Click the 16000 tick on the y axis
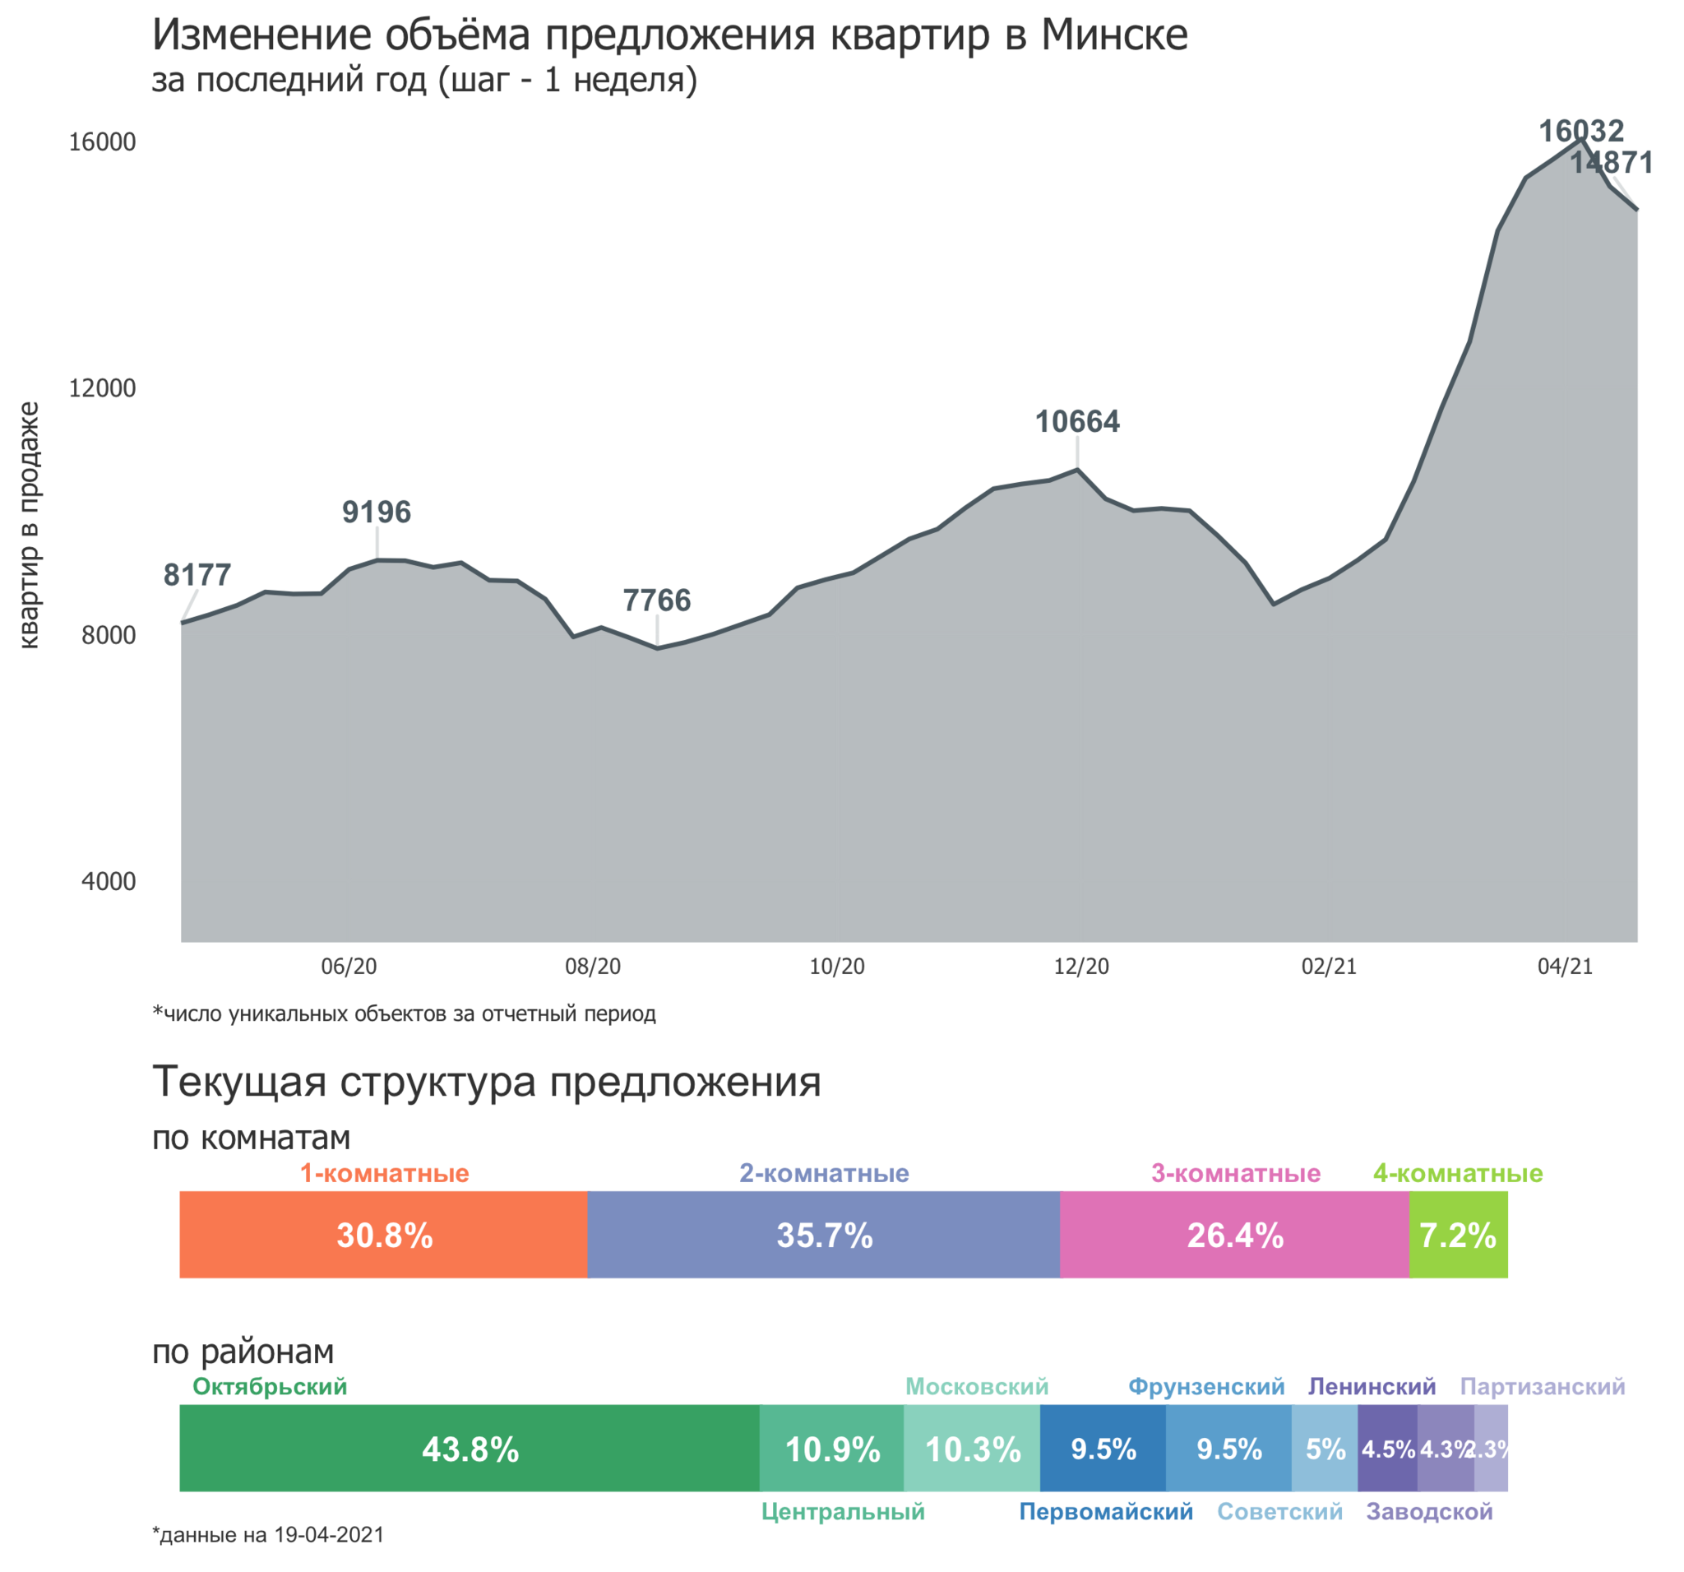pyautogui.click(x=102, y=141)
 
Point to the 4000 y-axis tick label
pyautogui.click(x=109, y=881)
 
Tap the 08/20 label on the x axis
pyautogui.click(x=592, y=966)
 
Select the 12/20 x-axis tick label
pyautogui.click(x=1081, y=966)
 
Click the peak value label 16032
pyautogui.click(x=1580, y=130)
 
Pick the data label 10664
pyautogui.click(x=1076, y=421)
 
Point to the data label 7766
pyautogui.click(x=656, y=601)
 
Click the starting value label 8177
pyautogui.click(x=197, y=575)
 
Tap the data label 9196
pyautogui.click(x=376, y=512)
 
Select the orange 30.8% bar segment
pyautogui.click(x=383, y=1235)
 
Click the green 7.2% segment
pyautogui.click(x=1458, y=1235)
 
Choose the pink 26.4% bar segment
pyautogui.click(x=1234, y=1235)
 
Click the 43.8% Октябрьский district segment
pyautogui.click(x=470, y=1449)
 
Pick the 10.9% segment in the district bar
pyautogui.click(x=832, y=1449)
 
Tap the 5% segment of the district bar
pyautogui.click(x=1325, y=1449)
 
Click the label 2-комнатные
pyautogui.click(x=824, y=1174)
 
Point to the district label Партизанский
pyautogui.click(x=1542, y=1387)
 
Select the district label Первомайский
pyautogui.click(x=1105, y=1512)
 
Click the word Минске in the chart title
pyautogui.click(x=1114, y=35)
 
